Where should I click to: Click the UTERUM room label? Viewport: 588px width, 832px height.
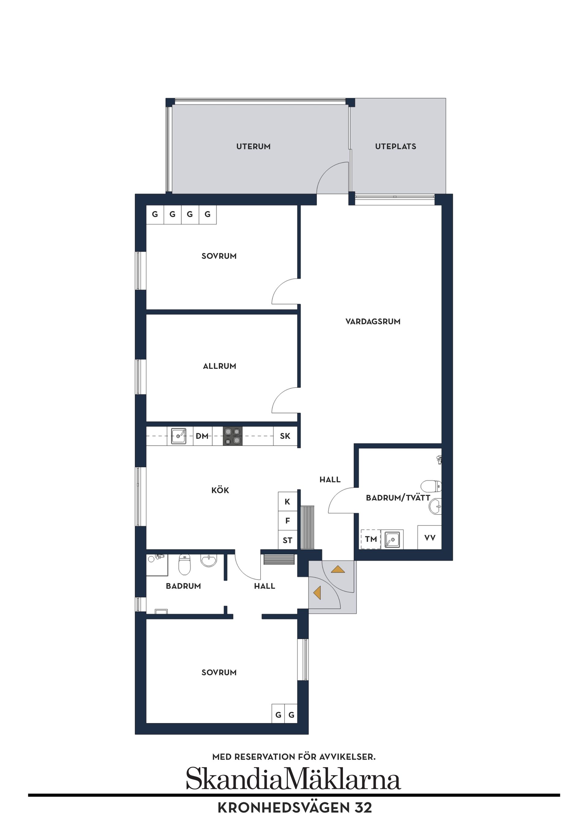pyautogui.click(x=253, y=146)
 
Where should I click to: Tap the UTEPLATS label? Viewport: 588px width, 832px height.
pyautogui.click(x=395, y=146)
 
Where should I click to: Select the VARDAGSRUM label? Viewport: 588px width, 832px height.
pyautogui.click(x=373, y=321)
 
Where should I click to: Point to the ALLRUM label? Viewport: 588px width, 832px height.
pyautogui.click(x=220, y=366)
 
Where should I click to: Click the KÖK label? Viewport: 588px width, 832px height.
pyautogui.click(x=220, y=490)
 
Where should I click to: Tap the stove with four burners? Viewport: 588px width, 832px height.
pyautogui.click(x=232, y=436)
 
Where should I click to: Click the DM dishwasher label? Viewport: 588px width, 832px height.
pyautogui.click(x=202, y=436)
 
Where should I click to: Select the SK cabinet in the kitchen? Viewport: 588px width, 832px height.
pyautogui.click(x=285, y=436)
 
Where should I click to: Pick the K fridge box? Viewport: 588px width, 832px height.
pyautogui.click(x=287, y=501)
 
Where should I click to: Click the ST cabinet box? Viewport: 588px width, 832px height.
pyautogui.click(x=287, y=540)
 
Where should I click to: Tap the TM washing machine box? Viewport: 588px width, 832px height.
pyautogui.click(x=371, y=539)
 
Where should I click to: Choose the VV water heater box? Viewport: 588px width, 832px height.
pyautogui.click(x=430, y=538)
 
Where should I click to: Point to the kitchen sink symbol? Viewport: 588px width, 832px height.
pyautogui.click(x=179, y=436)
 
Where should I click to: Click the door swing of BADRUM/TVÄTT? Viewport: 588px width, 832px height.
pyautogui.click(x=341, y=502)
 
